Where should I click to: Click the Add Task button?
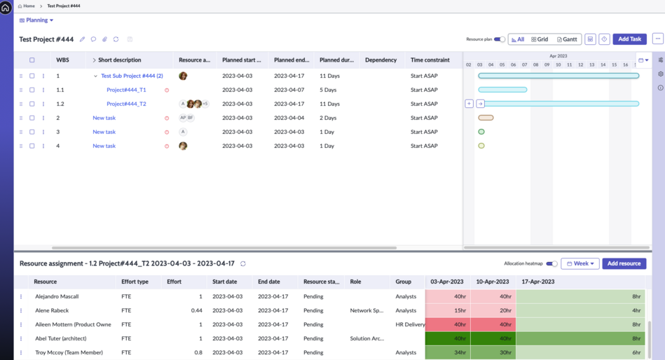click(629, 39)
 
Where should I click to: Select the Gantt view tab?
click(567, 39)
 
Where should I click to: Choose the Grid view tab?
click(540, 39)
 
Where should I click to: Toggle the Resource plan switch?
click(500, 39)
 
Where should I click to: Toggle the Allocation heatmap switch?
click(551, 264)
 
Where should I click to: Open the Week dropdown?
click(580, 264)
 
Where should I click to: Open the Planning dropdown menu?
click(36, 20)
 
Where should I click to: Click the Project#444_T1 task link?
click(126, 90)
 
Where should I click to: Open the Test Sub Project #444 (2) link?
click(132, 76)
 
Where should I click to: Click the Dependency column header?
click(381, 60)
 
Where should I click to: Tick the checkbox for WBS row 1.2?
click(32, 104)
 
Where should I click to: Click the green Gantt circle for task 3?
click(481, 132)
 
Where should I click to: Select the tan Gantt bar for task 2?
click(486, 118)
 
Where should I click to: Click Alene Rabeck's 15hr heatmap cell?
click(448, 310)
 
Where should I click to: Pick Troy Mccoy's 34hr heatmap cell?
click(448, 352)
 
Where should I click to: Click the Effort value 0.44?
click(196, 310)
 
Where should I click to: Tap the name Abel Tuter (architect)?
click(61, 338)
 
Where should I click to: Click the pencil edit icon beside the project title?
click(82, 39)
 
